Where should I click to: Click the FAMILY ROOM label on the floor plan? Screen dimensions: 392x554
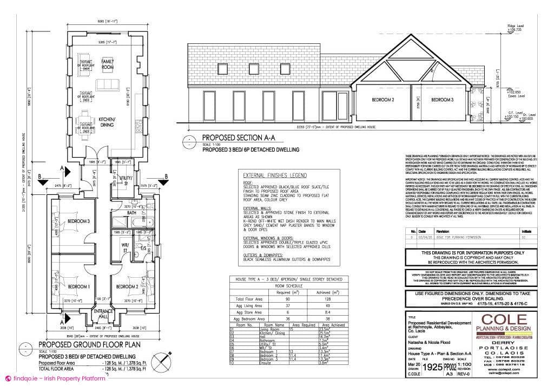coord(108,64)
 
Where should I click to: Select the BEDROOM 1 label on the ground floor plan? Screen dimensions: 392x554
coord(78,286)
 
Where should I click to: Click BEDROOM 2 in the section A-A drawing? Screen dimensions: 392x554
coord(382,100)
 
